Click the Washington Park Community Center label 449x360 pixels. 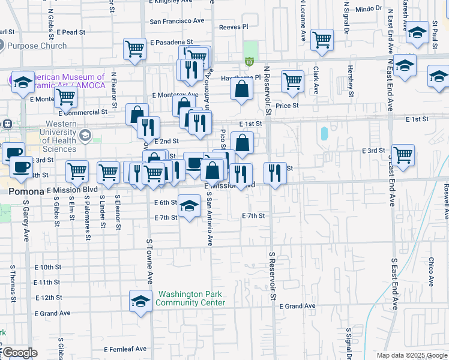(190, 298)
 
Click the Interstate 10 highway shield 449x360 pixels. (249, 61)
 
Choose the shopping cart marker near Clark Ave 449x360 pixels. (322, 40)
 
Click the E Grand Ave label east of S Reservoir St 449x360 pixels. (297, 306)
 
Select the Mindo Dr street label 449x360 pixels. (369, 8)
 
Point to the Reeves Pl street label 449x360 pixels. (234, 27)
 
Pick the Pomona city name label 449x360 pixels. (26, 191)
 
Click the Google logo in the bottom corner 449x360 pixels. (19, 353)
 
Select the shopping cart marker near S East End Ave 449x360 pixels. (403, 154)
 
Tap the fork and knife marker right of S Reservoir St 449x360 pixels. (275, 173)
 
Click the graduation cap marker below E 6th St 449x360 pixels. (189, 207)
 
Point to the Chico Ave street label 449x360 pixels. (431, 272)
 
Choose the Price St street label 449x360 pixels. (287, 106)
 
